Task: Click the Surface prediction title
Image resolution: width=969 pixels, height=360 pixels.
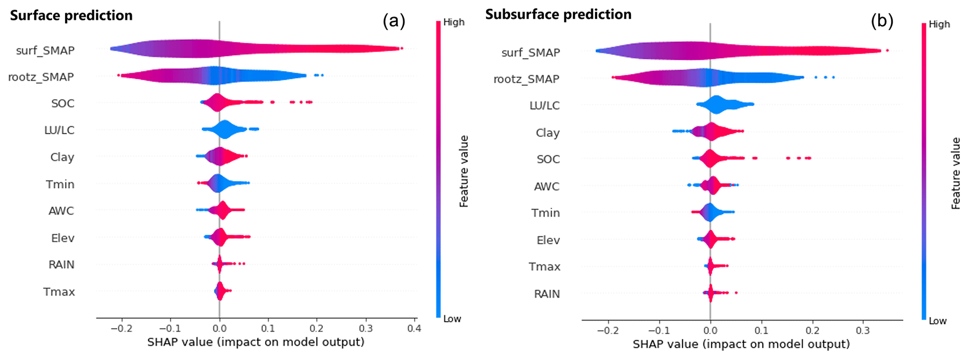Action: tap(71, 15)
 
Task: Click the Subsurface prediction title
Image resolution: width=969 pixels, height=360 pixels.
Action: tap(558, 15)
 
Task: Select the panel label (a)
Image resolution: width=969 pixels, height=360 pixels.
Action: tap(394, 21)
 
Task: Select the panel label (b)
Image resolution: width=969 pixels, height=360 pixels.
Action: tap(882, 21)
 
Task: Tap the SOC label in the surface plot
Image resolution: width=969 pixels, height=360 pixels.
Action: tap(63, 103)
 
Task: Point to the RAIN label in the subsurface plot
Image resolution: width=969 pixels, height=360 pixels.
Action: tap(547, 294)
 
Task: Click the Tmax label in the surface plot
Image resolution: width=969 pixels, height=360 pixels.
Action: tap(59, 292)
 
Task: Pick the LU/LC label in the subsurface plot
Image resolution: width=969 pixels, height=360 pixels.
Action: tap(545, 105)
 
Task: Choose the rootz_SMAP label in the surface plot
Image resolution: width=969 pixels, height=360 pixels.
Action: tap(41, 77)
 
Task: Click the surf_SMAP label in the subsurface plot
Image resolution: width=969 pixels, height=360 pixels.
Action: tap(531, 52)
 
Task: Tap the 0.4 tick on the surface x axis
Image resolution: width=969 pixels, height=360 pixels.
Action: tap(414, 328)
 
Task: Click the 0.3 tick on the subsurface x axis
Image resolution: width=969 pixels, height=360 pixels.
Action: tap(863, 330)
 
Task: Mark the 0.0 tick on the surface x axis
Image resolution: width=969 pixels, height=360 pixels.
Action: tap(219, 328)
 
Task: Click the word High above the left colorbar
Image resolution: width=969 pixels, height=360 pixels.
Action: tap(454, 22)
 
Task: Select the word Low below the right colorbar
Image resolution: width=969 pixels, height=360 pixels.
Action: tap(938, 321)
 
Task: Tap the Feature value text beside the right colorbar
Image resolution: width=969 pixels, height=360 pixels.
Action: tap(956, 173)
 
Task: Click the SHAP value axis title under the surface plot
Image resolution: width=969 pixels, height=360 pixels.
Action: tap(255, 342)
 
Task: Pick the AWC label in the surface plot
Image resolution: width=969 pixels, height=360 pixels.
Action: tap(61, 211)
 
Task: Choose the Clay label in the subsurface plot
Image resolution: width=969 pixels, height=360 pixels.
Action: tap(548, 133)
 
